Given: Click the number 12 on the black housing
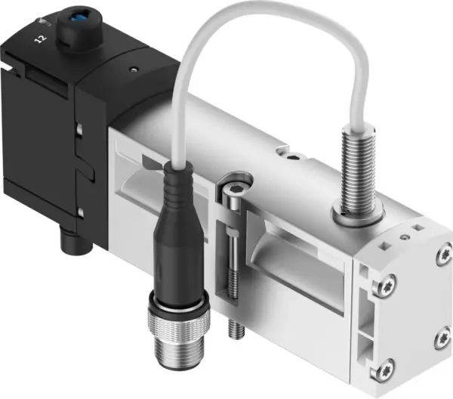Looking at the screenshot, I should click(x=39, y=34).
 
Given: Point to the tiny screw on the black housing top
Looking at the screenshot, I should click(x=134, y=69).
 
